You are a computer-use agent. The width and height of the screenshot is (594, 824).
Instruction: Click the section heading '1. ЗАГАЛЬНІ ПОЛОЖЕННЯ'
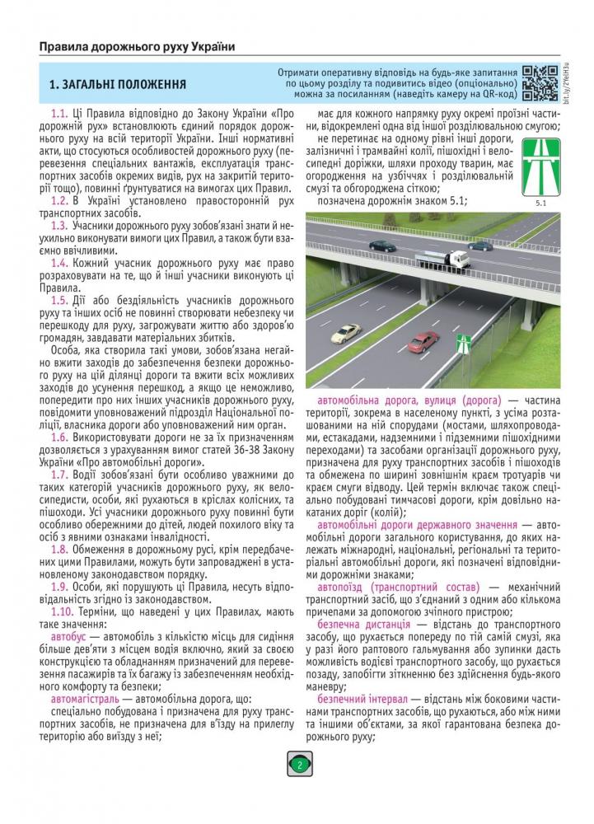point(117,85)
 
